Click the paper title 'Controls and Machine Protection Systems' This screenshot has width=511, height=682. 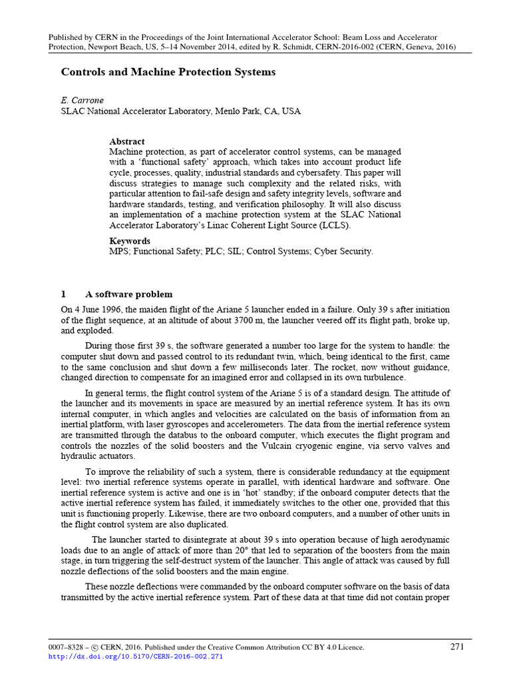pos(168,72)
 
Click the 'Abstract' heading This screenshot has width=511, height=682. pos(127,142)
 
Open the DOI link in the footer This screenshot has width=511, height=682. pos(136,657)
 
